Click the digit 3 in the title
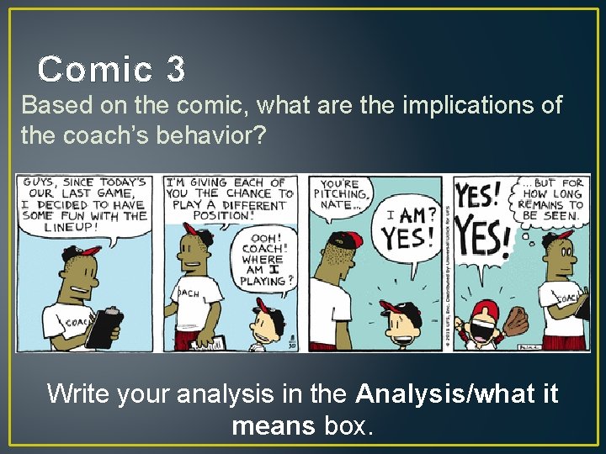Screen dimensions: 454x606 point(175,69)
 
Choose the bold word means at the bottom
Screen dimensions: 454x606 point(272,425)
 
